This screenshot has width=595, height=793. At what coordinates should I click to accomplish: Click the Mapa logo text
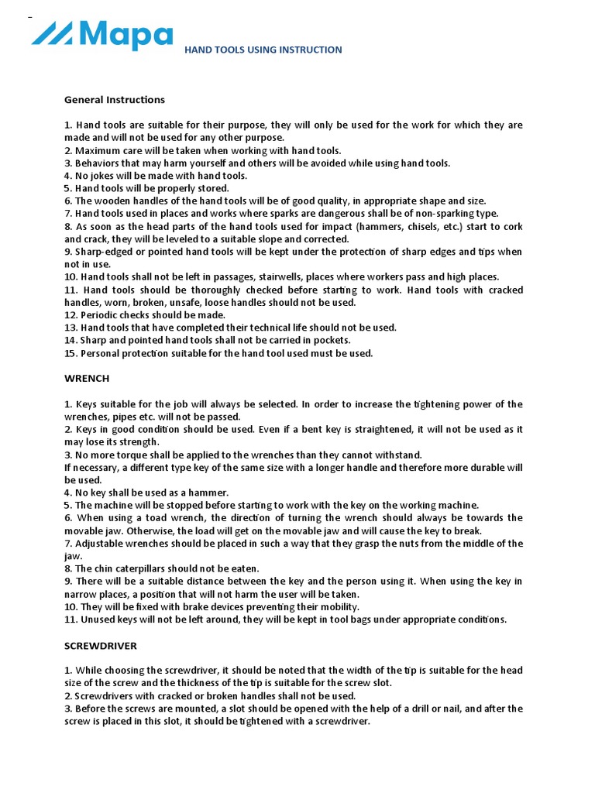pos(124,35)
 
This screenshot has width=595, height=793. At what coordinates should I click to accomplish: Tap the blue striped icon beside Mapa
pos(52,33)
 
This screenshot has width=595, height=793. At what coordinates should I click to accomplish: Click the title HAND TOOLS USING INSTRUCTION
pos(263,50)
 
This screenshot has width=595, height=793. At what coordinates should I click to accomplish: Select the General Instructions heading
pos(114,100)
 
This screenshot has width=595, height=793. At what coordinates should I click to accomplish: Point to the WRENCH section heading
pos(86,379)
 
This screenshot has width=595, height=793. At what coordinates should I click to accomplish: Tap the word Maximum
pos(98,150)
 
